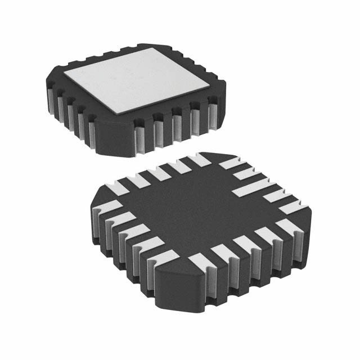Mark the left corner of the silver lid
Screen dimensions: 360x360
click(64, 74)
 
